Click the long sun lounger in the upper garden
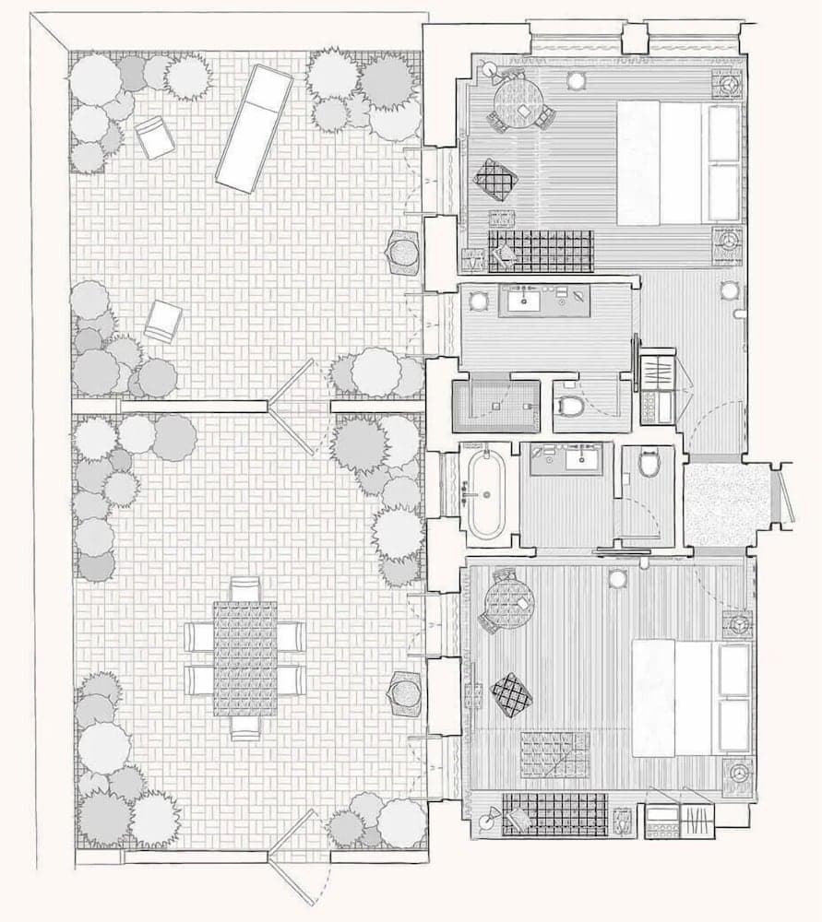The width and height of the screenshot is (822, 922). click(x=254, y=129)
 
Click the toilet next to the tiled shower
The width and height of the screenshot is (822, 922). click(x=571, y=404)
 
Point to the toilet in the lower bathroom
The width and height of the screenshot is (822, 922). click(x=649, y=463)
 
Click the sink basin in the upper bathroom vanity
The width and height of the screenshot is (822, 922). click(x=528, y=300)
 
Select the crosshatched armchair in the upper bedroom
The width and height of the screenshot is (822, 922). click(x=495, y=179)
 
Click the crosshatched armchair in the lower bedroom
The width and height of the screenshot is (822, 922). click(x=511, y=694)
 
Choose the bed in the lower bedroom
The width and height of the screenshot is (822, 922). click(x=692, y=697)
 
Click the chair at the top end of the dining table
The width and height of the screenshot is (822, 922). click(x=244, y=588)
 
